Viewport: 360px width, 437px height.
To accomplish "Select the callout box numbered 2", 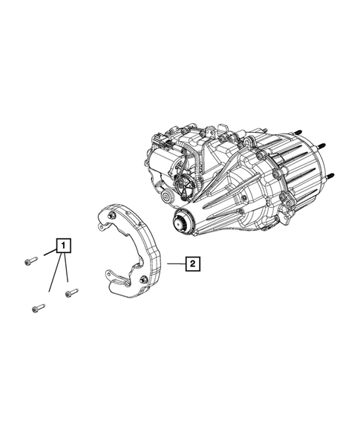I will (191, 263).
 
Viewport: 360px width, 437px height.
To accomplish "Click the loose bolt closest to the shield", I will (69, 294).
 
